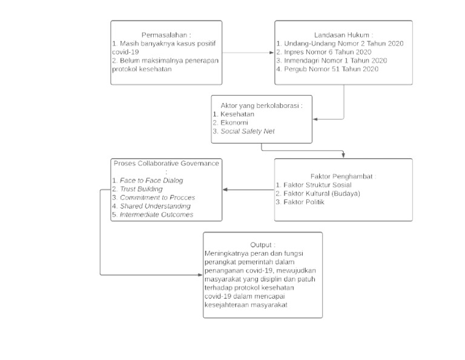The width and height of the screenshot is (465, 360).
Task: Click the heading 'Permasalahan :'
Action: [166, 35]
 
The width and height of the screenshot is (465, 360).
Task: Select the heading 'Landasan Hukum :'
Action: [343, 35]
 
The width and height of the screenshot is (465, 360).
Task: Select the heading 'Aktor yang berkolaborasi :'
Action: [262, 105]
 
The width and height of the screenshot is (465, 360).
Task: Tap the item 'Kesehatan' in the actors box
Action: [237, 114]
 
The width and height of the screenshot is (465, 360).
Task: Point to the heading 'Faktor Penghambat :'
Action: [343, 176]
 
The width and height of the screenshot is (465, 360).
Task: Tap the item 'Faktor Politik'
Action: [304, 202]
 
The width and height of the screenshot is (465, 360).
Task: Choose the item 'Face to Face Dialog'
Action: [151, 181]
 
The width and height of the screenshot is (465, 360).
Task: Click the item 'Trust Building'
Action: [141, 189]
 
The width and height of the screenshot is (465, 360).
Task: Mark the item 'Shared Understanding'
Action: [155, 206]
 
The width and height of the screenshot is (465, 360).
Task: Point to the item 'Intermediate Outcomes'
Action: [156, 215]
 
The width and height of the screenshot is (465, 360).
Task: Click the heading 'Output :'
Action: [263, 245]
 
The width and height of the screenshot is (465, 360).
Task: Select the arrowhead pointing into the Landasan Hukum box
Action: [271, 53]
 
